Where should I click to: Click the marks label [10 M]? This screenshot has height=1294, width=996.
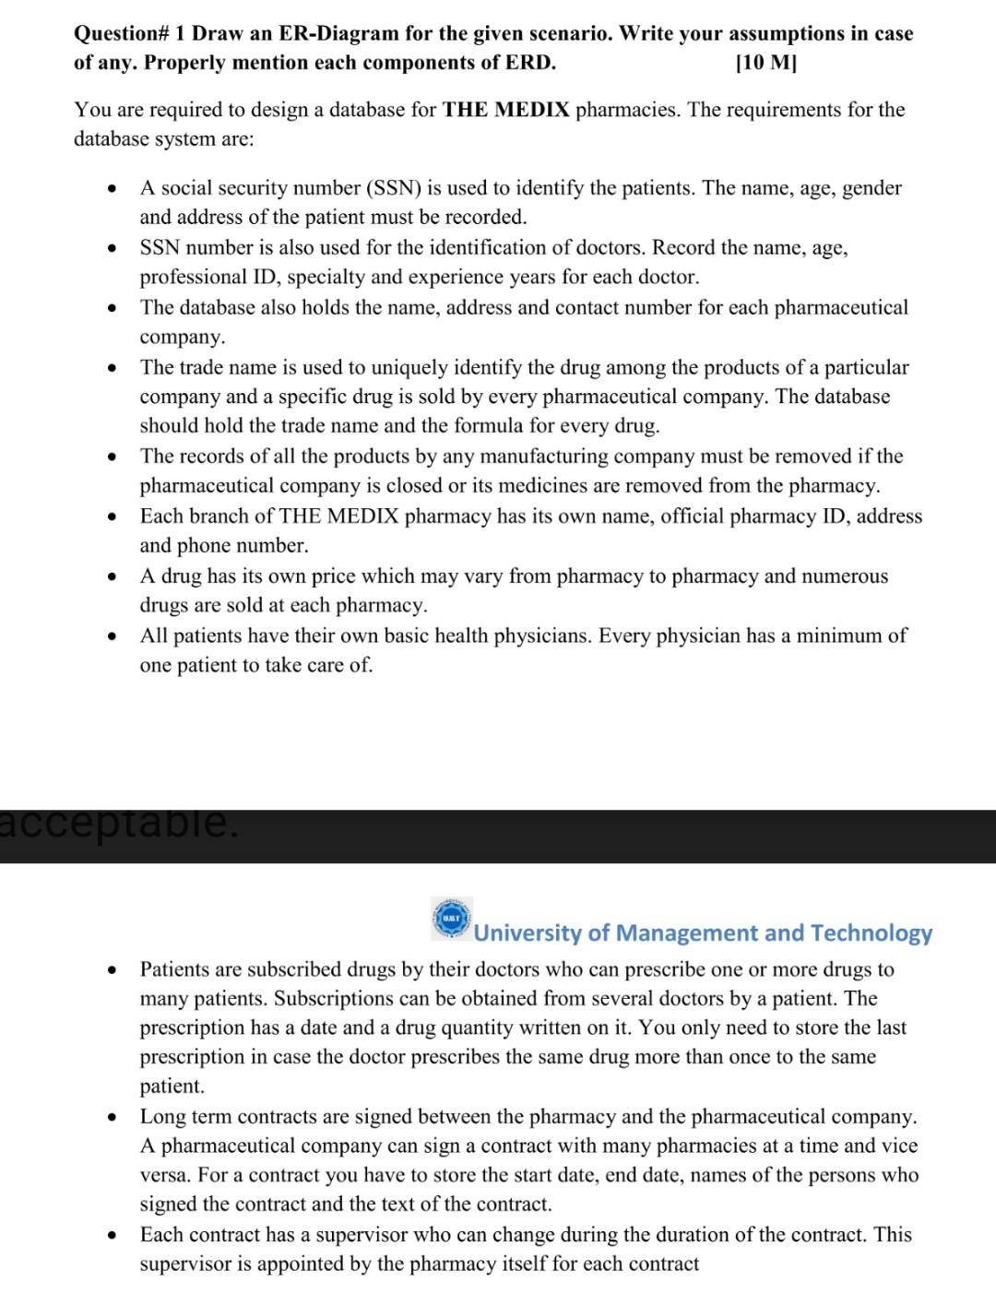(766, 63)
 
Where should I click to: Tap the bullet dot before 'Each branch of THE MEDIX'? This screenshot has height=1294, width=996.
(111, 516)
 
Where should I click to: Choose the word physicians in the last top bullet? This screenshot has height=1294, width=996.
(539, 635)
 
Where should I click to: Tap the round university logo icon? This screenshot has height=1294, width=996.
(452, 920)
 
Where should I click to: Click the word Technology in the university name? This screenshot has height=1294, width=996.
(871, 932)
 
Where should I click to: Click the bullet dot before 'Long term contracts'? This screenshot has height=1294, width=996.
(111, 1117)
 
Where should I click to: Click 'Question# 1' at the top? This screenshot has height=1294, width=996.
(130, 33)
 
